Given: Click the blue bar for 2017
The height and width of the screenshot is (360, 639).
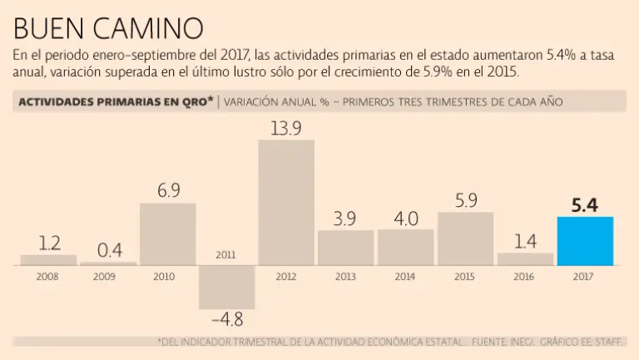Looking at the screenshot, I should tap(585, 241).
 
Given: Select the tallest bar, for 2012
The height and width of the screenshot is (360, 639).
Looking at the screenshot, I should tap(286, 202).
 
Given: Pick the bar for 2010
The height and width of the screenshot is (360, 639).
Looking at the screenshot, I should tap(167, 234).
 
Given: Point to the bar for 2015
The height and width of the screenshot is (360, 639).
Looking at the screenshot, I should tap(465, 239).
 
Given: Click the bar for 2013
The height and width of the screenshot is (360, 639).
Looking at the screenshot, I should tap(345, 248).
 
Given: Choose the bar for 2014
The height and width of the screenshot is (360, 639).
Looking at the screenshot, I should tap(405, 247).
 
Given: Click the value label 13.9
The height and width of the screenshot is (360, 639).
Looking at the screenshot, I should tap(286, 127).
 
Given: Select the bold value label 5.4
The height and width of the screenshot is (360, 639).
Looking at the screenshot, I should tap(585, 203).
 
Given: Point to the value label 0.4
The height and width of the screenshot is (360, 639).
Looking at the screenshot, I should tap(107, 249).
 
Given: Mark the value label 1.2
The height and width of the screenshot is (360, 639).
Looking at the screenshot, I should tap(48, 243).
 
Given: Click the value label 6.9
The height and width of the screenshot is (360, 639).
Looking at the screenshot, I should tap(167, 190).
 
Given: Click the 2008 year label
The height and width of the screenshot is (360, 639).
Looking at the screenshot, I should tap(48, 275).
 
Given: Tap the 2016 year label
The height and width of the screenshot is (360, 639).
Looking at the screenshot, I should tap(525, 275).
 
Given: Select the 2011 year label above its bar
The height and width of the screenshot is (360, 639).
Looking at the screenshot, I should tap(226, 255).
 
